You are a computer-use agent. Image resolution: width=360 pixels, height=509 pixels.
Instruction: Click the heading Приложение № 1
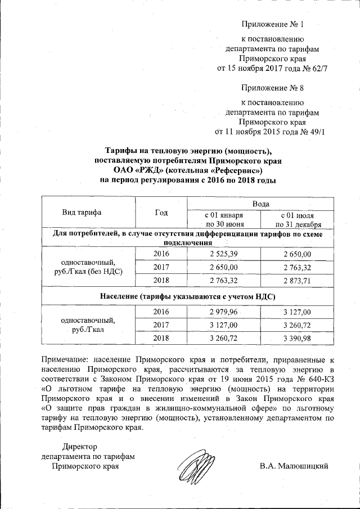click(272, 25)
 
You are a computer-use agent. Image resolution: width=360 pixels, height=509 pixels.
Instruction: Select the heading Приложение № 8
click(272, 88)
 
